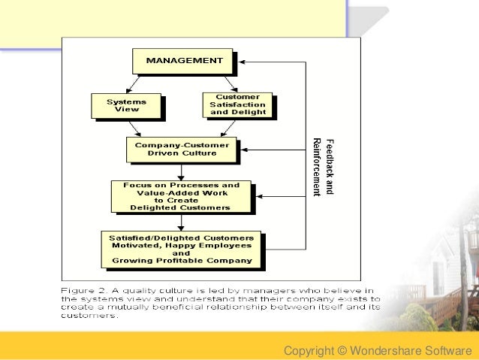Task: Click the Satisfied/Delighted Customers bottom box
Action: click(x=181, y=250)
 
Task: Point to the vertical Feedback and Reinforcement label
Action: click(x=322, y=166)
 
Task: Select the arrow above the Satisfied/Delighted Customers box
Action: click(x=180, y=222)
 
